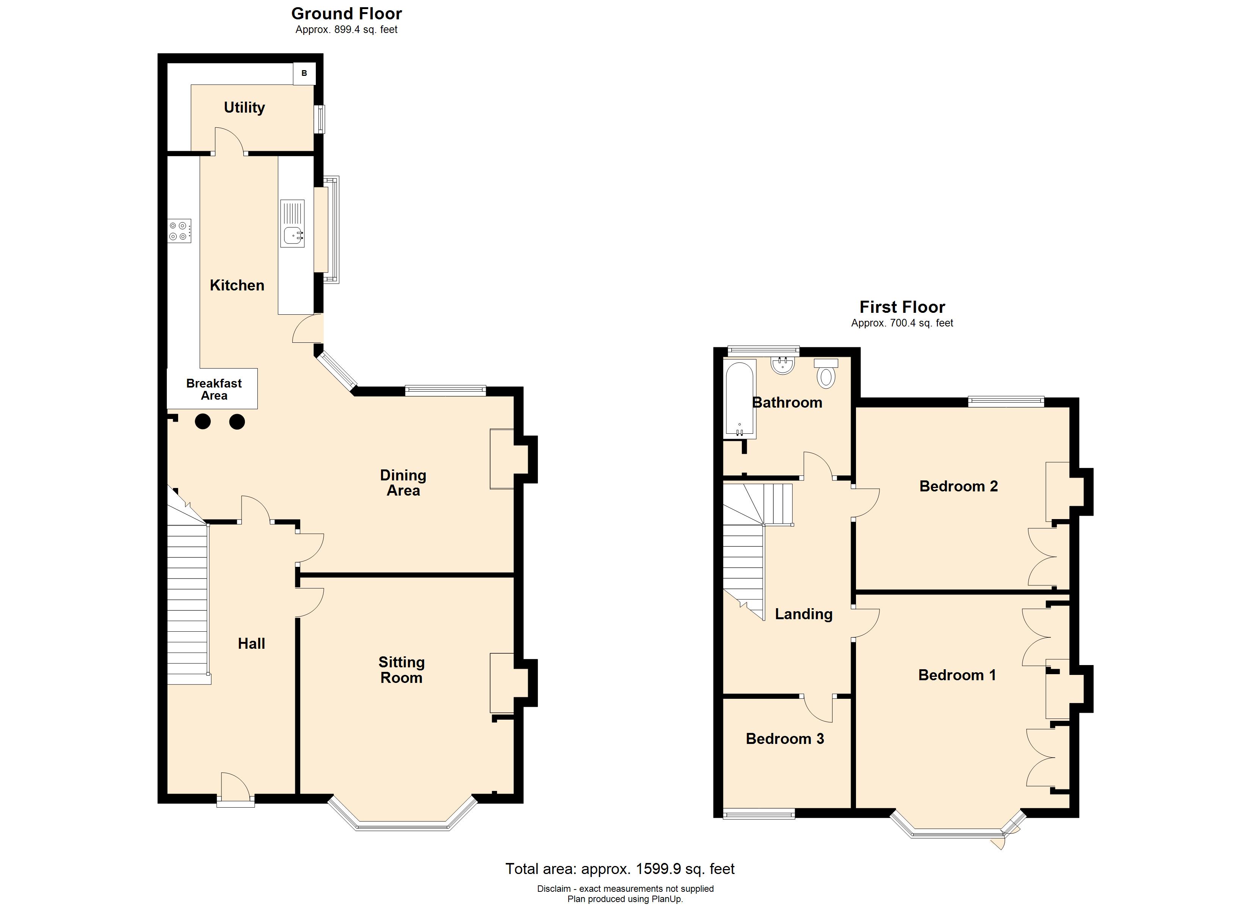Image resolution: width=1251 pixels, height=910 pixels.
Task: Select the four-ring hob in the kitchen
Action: [180, 231]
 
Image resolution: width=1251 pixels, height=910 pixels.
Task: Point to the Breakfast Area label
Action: [214, 389]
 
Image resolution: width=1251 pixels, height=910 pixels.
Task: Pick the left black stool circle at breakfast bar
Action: [202, 422]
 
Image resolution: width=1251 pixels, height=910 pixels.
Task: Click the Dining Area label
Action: [403, 483]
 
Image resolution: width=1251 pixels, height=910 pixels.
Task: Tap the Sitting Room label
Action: [401, 670]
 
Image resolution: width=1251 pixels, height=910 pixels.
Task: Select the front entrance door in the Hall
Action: [235, 789]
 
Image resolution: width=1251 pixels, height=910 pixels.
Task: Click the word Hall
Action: [251, 643]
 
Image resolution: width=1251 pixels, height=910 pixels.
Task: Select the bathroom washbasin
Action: [783, 366]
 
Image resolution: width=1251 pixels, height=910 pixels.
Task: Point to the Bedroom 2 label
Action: [959, 486]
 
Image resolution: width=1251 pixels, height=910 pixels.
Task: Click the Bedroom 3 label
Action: [785, 739]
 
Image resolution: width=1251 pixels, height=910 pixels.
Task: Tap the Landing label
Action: [804, 614]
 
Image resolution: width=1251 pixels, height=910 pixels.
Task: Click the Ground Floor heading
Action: [346, 13]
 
